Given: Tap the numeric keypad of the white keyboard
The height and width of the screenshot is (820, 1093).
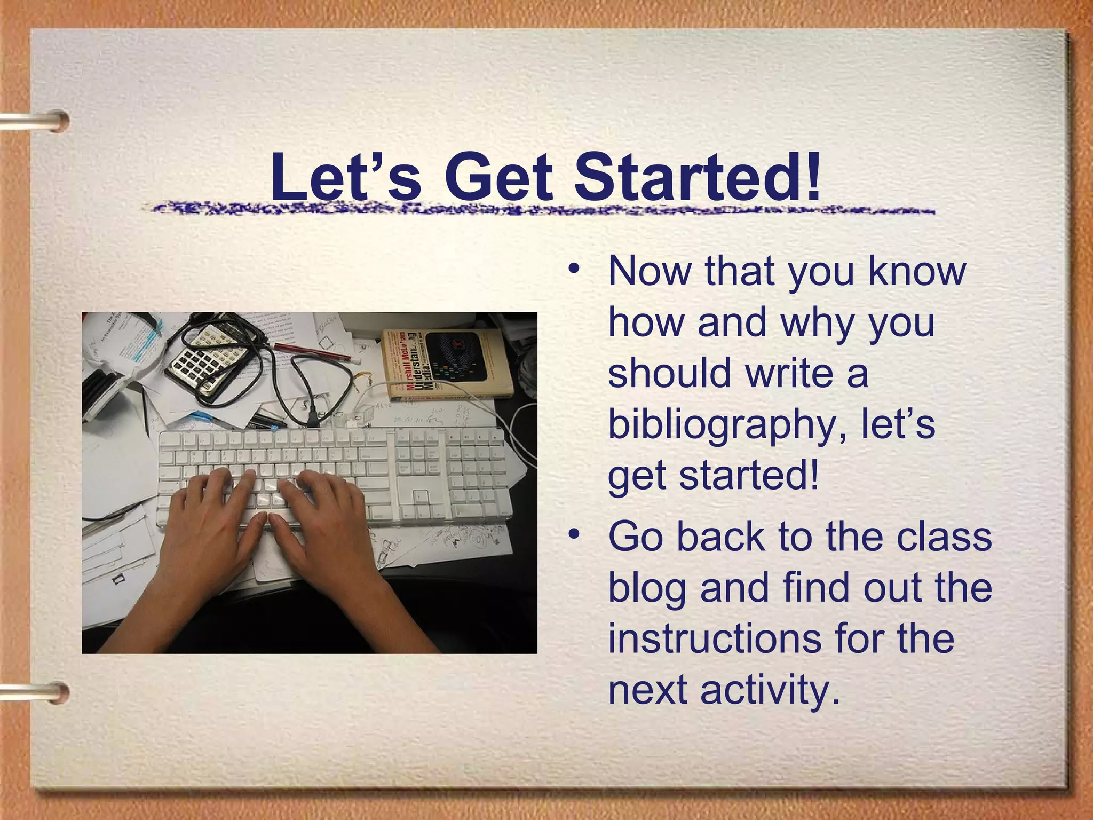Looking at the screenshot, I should pyautogui.click(x=475, y=475).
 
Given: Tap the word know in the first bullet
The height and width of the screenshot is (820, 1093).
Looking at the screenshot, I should pyautogui.click(x=917, y=271).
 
